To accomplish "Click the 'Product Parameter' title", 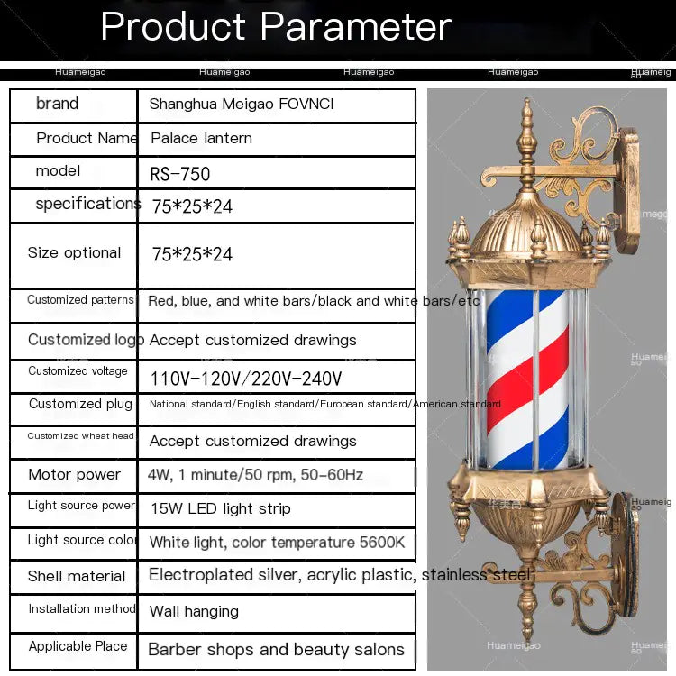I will [276, 27].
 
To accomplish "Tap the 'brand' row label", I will [57, 104].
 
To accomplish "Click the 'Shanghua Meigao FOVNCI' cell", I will [241, 105].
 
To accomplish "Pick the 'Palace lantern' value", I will [201, 139].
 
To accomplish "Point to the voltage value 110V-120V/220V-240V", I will [245, 379].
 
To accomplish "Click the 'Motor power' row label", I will [74, 475].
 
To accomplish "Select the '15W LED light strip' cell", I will [220, 509].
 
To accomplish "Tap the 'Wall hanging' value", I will [194, 611].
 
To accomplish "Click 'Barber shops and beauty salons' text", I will [276, 649].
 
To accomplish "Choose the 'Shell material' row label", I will [77, 576].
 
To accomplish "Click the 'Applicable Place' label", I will [78, 646].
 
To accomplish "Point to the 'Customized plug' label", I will [80, 404].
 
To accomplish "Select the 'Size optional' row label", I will [74, 253].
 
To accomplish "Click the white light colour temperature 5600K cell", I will [277, 543].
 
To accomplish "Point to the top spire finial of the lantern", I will [527, 135].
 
